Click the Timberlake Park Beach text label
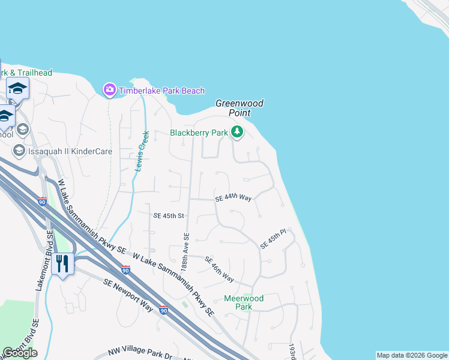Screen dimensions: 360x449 click(161, 91)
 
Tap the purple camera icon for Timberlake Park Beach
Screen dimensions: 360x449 click(109, 91)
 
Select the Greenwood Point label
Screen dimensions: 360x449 click(239, 108)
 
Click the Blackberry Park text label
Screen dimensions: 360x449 click(199, 133)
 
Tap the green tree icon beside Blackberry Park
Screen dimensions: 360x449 click(237, 132)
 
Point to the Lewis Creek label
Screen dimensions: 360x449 click(141, 151)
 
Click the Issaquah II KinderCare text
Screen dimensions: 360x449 click(70, 151)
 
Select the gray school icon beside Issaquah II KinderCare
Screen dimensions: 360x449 click(19, 151)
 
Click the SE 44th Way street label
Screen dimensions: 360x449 click(233, 197)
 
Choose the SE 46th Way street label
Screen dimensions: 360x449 click(219, 269)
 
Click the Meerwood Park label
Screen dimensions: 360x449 click(243, 302)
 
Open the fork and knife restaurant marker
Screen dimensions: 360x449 click(62, 263)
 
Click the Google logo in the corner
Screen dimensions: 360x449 click(20, 353)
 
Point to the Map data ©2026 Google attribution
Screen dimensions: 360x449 click(412, 355)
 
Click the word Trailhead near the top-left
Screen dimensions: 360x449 click(34, 73)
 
